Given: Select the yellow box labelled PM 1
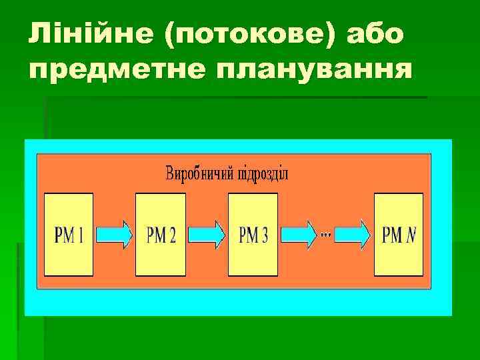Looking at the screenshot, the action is (69, 234).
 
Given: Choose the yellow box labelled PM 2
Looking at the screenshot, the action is (161, 234).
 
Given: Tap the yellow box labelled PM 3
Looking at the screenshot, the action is (253, 234).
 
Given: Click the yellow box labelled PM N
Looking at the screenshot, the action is (399, 234).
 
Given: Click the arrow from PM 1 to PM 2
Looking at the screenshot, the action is (114, 234).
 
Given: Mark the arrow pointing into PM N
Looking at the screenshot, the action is (353, 234).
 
